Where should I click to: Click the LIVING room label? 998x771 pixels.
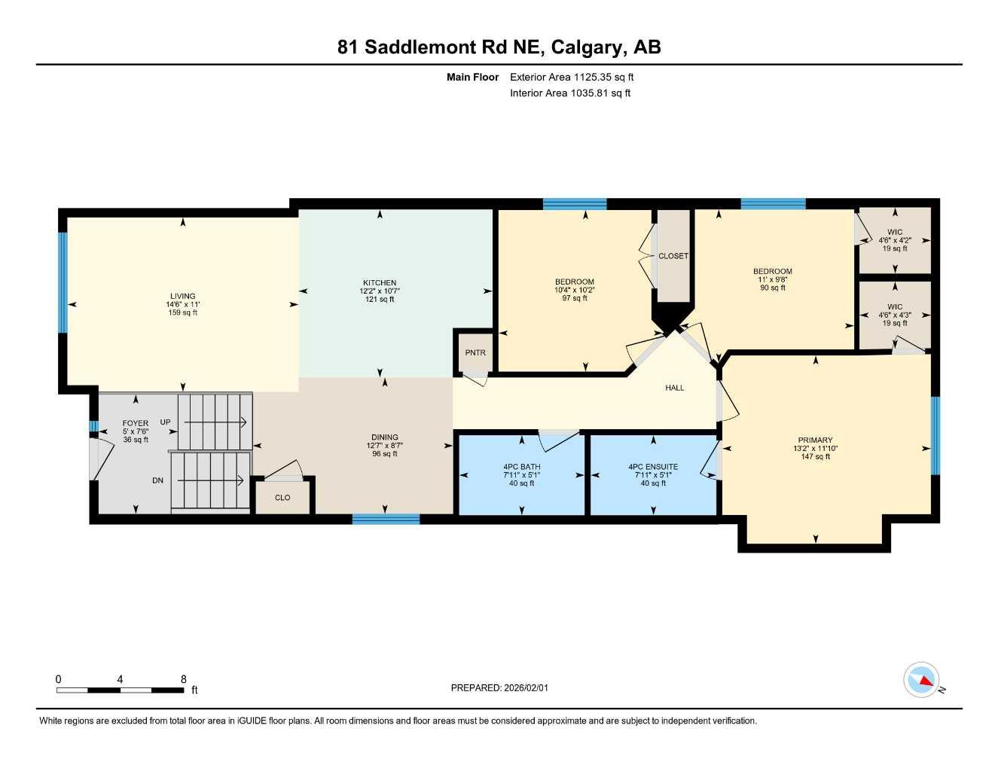pos(182,296)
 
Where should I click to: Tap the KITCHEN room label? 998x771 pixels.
pos(380,283)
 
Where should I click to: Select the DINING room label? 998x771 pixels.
pos(385,437)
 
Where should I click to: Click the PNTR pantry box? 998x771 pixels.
pos(475,353)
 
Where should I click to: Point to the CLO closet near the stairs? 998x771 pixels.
pos(282,498)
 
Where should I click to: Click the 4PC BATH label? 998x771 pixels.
pos(522,467)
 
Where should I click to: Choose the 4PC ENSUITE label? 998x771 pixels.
pos(653,467)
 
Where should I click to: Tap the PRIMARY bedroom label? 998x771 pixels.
pos(815,440)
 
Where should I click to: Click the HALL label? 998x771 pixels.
pos(675,388)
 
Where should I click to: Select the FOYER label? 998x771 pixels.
pos(136,423)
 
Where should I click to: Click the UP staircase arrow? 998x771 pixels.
pos(215,422)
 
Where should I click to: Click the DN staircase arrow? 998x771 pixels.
pos(214,480)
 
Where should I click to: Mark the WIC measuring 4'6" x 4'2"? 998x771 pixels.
pos(895,240)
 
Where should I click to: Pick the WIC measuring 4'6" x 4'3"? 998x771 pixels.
pos(895,315)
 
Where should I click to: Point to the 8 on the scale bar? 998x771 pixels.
pos(183,679)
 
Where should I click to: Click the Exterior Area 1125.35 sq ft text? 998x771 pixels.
pos(572,77)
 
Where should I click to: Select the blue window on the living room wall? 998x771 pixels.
pos(63,282)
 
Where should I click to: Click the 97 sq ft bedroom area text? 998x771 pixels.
pos(574,298)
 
